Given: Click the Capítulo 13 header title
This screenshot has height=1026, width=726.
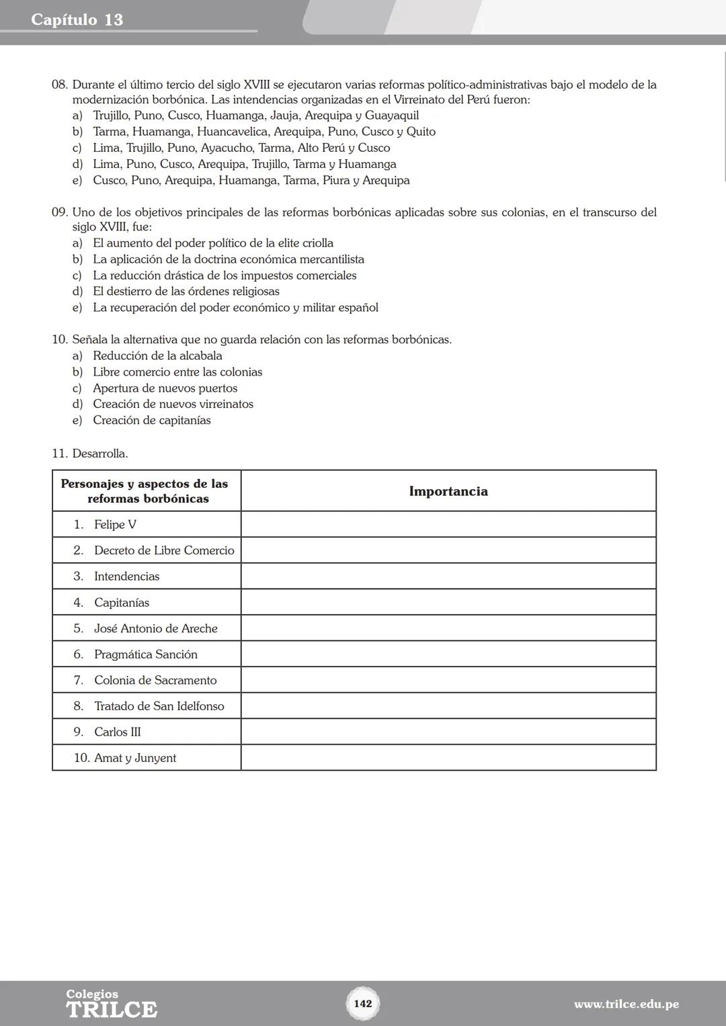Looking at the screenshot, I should (77, 19).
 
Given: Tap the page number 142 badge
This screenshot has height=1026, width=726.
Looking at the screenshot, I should (363, 1003).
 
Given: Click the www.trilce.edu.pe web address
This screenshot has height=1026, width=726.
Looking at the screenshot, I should (626, 1004).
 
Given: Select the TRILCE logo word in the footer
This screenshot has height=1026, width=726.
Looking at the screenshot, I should (112, 1009).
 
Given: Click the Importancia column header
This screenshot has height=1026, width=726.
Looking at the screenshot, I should (448, 491).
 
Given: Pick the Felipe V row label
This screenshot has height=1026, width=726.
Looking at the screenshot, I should (115, 524).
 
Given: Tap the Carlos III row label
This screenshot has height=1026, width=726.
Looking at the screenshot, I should (118, 732).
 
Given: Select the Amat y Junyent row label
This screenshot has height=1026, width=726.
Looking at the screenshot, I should (135, 758).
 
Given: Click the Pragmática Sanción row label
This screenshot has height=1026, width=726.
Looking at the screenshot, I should (146, 654).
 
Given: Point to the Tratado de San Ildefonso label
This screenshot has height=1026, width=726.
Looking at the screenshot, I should (159, 706).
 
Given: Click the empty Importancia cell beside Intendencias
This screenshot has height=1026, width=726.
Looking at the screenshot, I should (448, 576).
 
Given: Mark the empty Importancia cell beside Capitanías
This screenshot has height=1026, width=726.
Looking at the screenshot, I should (448, 603).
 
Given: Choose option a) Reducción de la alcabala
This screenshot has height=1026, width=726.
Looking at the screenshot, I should (157, 355).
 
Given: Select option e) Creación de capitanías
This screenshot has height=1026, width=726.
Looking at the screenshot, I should (152, 420).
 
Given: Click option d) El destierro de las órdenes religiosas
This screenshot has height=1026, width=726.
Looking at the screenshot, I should (186, 291).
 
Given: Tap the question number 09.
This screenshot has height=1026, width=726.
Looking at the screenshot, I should (59, 212).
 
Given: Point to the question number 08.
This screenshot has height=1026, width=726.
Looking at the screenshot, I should (59, 85).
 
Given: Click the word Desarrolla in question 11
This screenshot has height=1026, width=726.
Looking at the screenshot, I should (99, 454).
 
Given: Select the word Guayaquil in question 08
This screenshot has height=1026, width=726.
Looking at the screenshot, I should (392, 116).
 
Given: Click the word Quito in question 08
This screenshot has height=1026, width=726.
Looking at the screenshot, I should (421, 132).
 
